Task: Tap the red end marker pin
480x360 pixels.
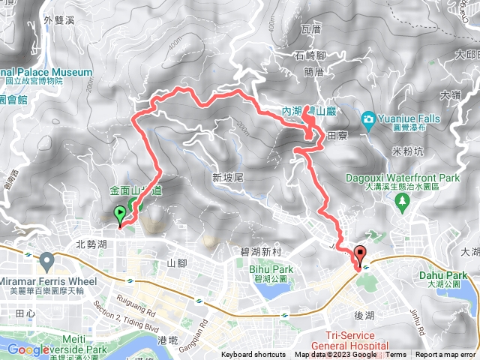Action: tap(361, 256)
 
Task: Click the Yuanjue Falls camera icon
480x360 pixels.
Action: tap(368, 119)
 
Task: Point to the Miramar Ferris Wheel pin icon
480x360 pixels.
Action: tap(48, 262)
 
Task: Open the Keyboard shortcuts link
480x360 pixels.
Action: tap(253, 355)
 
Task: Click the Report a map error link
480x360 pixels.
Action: tap(446, 355)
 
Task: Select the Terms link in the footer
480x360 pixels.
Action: tap(396, 355)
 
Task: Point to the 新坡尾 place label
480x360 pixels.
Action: tap(227, 178)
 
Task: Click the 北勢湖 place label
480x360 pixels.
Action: tap(91, 244)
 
